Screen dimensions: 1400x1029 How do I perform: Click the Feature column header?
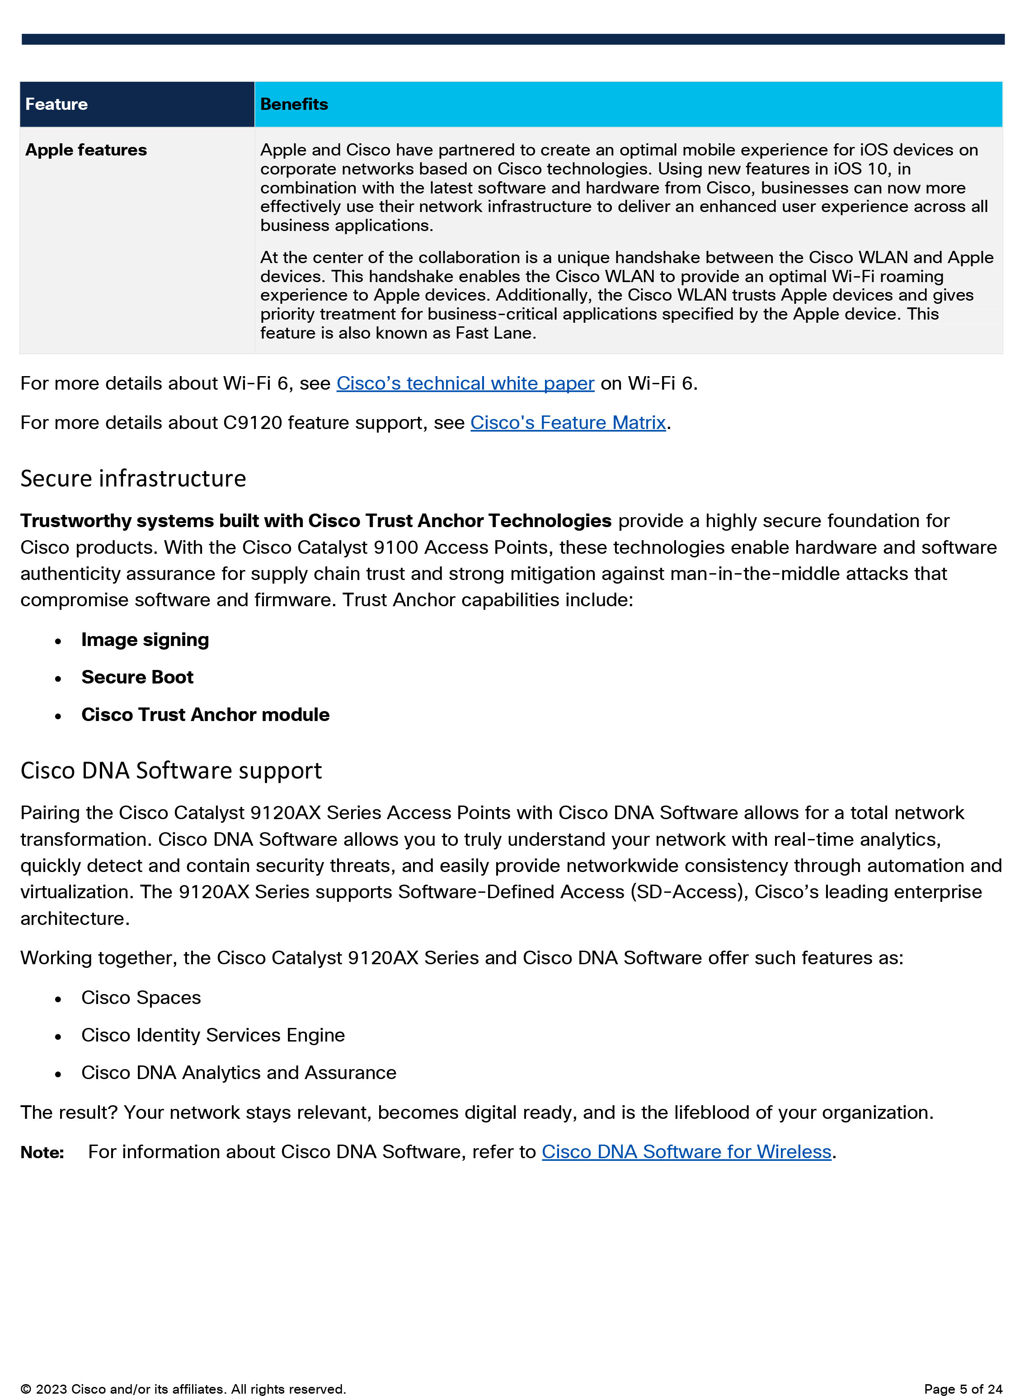56,104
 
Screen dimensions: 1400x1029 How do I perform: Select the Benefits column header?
294,104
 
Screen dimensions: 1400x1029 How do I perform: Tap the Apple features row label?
86,150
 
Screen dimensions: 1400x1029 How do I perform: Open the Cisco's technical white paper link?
465,383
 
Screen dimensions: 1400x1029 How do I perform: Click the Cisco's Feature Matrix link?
568,422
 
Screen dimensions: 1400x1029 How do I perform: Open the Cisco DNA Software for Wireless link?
686,1152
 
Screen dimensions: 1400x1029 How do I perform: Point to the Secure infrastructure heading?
133,479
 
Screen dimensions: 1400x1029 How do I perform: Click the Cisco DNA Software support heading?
171,771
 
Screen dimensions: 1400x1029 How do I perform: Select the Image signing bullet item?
145,640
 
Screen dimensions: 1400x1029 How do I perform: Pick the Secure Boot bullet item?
137,677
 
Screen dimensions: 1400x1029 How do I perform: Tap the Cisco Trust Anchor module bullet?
205,715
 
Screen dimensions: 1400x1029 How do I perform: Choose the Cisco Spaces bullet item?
141,998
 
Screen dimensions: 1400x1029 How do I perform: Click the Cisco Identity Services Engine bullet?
212,1035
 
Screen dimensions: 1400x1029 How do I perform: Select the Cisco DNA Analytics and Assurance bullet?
239,1072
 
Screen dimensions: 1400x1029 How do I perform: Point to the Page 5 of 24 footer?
963,1389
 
